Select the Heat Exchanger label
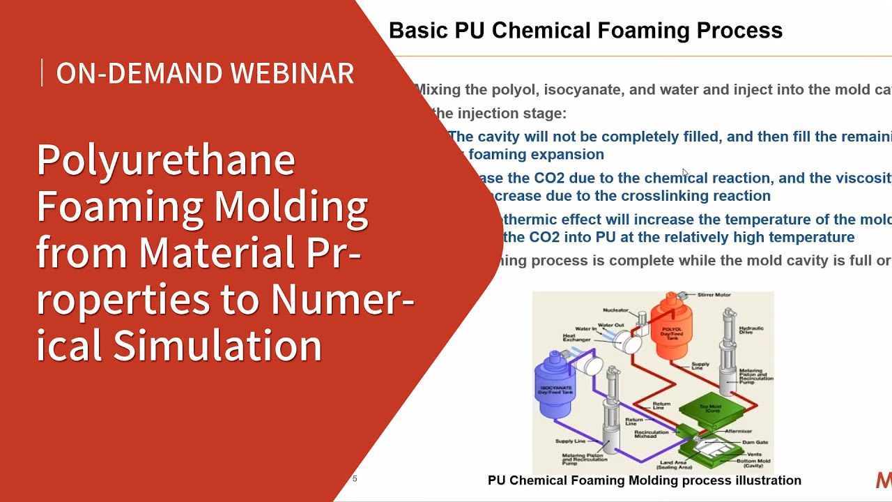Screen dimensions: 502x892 tap(569, 338)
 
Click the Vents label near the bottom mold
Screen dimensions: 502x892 tap(754, 454)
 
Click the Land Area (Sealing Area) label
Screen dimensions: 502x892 tap(672, 465)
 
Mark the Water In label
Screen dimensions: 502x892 tap(585, 328)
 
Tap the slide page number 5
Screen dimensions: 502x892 tap(355, 479)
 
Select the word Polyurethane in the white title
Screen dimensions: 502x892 tap(166, 160)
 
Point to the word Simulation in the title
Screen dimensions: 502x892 tap(217, 345)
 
